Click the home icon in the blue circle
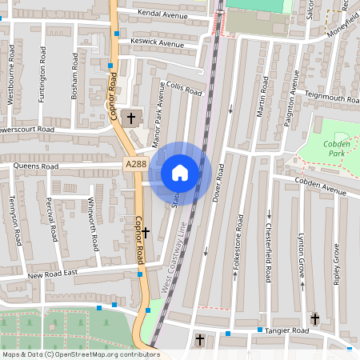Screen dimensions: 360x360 [180, 172]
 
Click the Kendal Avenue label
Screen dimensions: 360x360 [162, 15]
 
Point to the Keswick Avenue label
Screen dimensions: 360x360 [158, 42]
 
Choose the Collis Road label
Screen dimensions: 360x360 [183, 89]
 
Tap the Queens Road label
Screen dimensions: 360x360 [38, 166]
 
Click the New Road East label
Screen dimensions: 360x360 [56, 274]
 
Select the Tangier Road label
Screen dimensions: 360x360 [285, 330]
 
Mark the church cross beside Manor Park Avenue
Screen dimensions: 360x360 [131, 117]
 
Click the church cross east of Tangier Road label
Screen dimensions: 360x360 [315, 319]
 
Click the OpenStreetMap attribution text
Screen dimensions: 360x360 [81, 354]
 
